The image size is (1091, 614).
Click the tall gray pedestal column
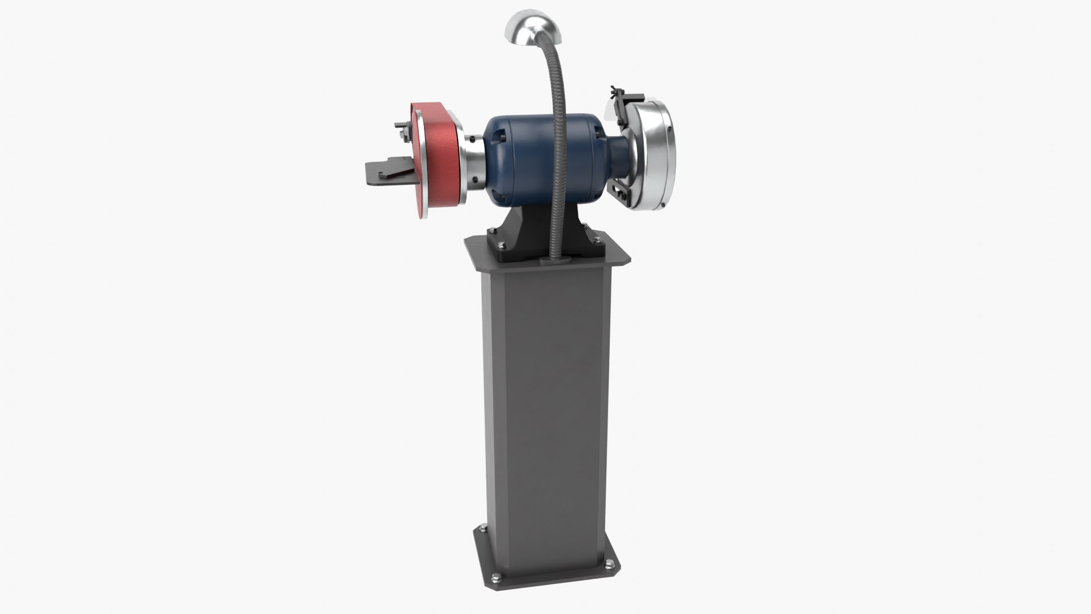pos(545,398)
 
